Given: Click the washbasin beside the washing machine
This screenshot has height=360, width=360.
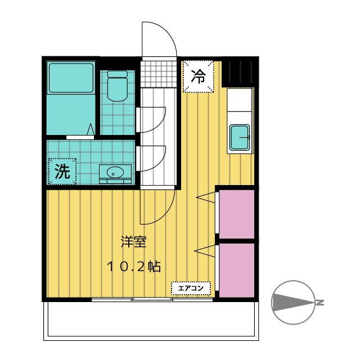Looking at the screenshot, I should tap(116, 172).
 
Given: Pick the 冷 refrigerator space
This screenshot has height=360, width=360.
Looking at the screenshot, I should tap(198, 76).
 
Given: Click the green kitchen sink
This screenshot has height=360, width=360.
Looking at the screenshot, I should tap(241, 137).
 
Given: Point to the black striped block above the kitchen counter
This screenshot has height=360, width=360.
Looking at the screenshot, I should tap(239, 72).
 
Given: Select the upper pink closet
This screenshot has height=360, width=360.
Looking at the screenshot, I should tap(236, 214).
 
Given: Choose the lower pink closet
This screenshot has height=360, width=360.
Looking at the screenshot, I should tap(236, 269).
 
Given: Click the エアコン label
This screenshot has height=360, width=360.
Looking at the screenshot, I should tap(191, 289).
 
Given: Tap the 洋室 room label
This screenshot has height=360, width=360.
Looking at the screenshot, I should tap(133, 242).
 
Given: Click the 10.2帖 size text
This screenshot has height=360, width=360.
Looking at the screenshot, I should tap(134, 267).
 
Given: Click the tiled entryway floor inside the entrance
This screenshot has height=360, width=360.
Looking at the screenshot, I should tap(158, 74).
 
